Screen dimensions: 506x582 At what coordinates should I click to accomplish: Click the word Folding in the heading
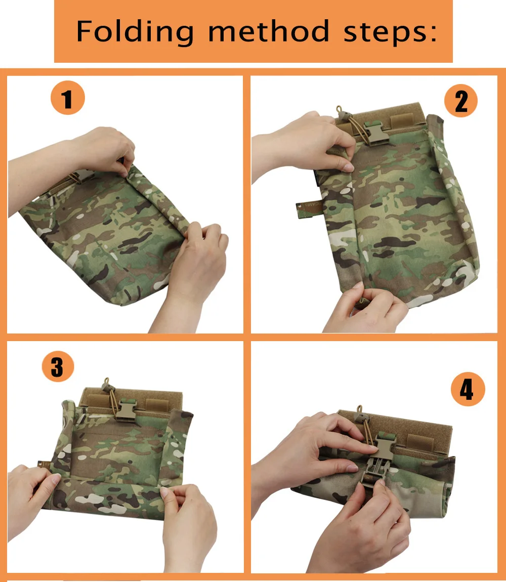tap(135, 32)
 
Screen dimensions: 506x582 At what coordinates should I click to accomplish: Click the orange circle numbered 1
tap(68, 98)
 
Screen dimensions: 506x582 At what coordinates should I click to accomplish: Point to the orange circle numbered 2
tap(461, 101)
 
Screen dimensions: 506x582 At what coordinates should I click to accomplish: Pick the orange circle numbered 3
tap(58, 366)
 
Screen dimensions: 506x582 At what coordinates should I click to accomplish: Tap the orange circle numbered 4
tap(468, 389)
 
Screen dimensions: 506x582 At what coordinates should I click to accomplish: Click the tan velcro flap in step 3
tap(132, 399)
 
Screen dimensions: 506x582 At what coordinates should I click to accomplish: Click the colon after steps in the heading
tap(433, 33)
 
